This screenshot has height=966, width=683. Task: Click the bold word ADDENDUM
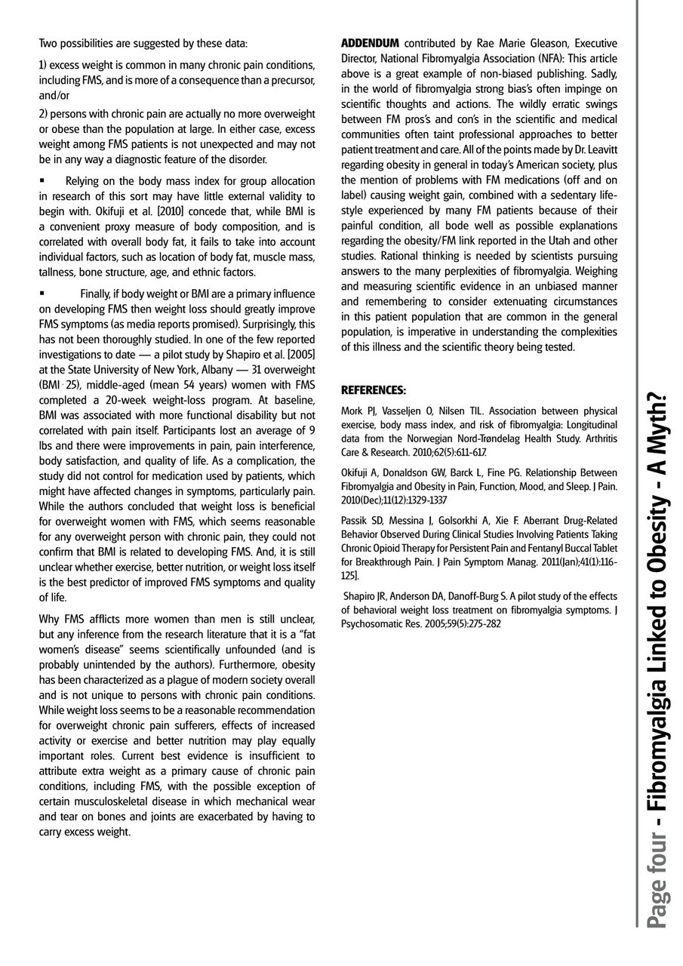tap(369, 42)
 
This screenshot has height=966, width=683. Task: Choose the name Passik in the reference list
tap(355, 520)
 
